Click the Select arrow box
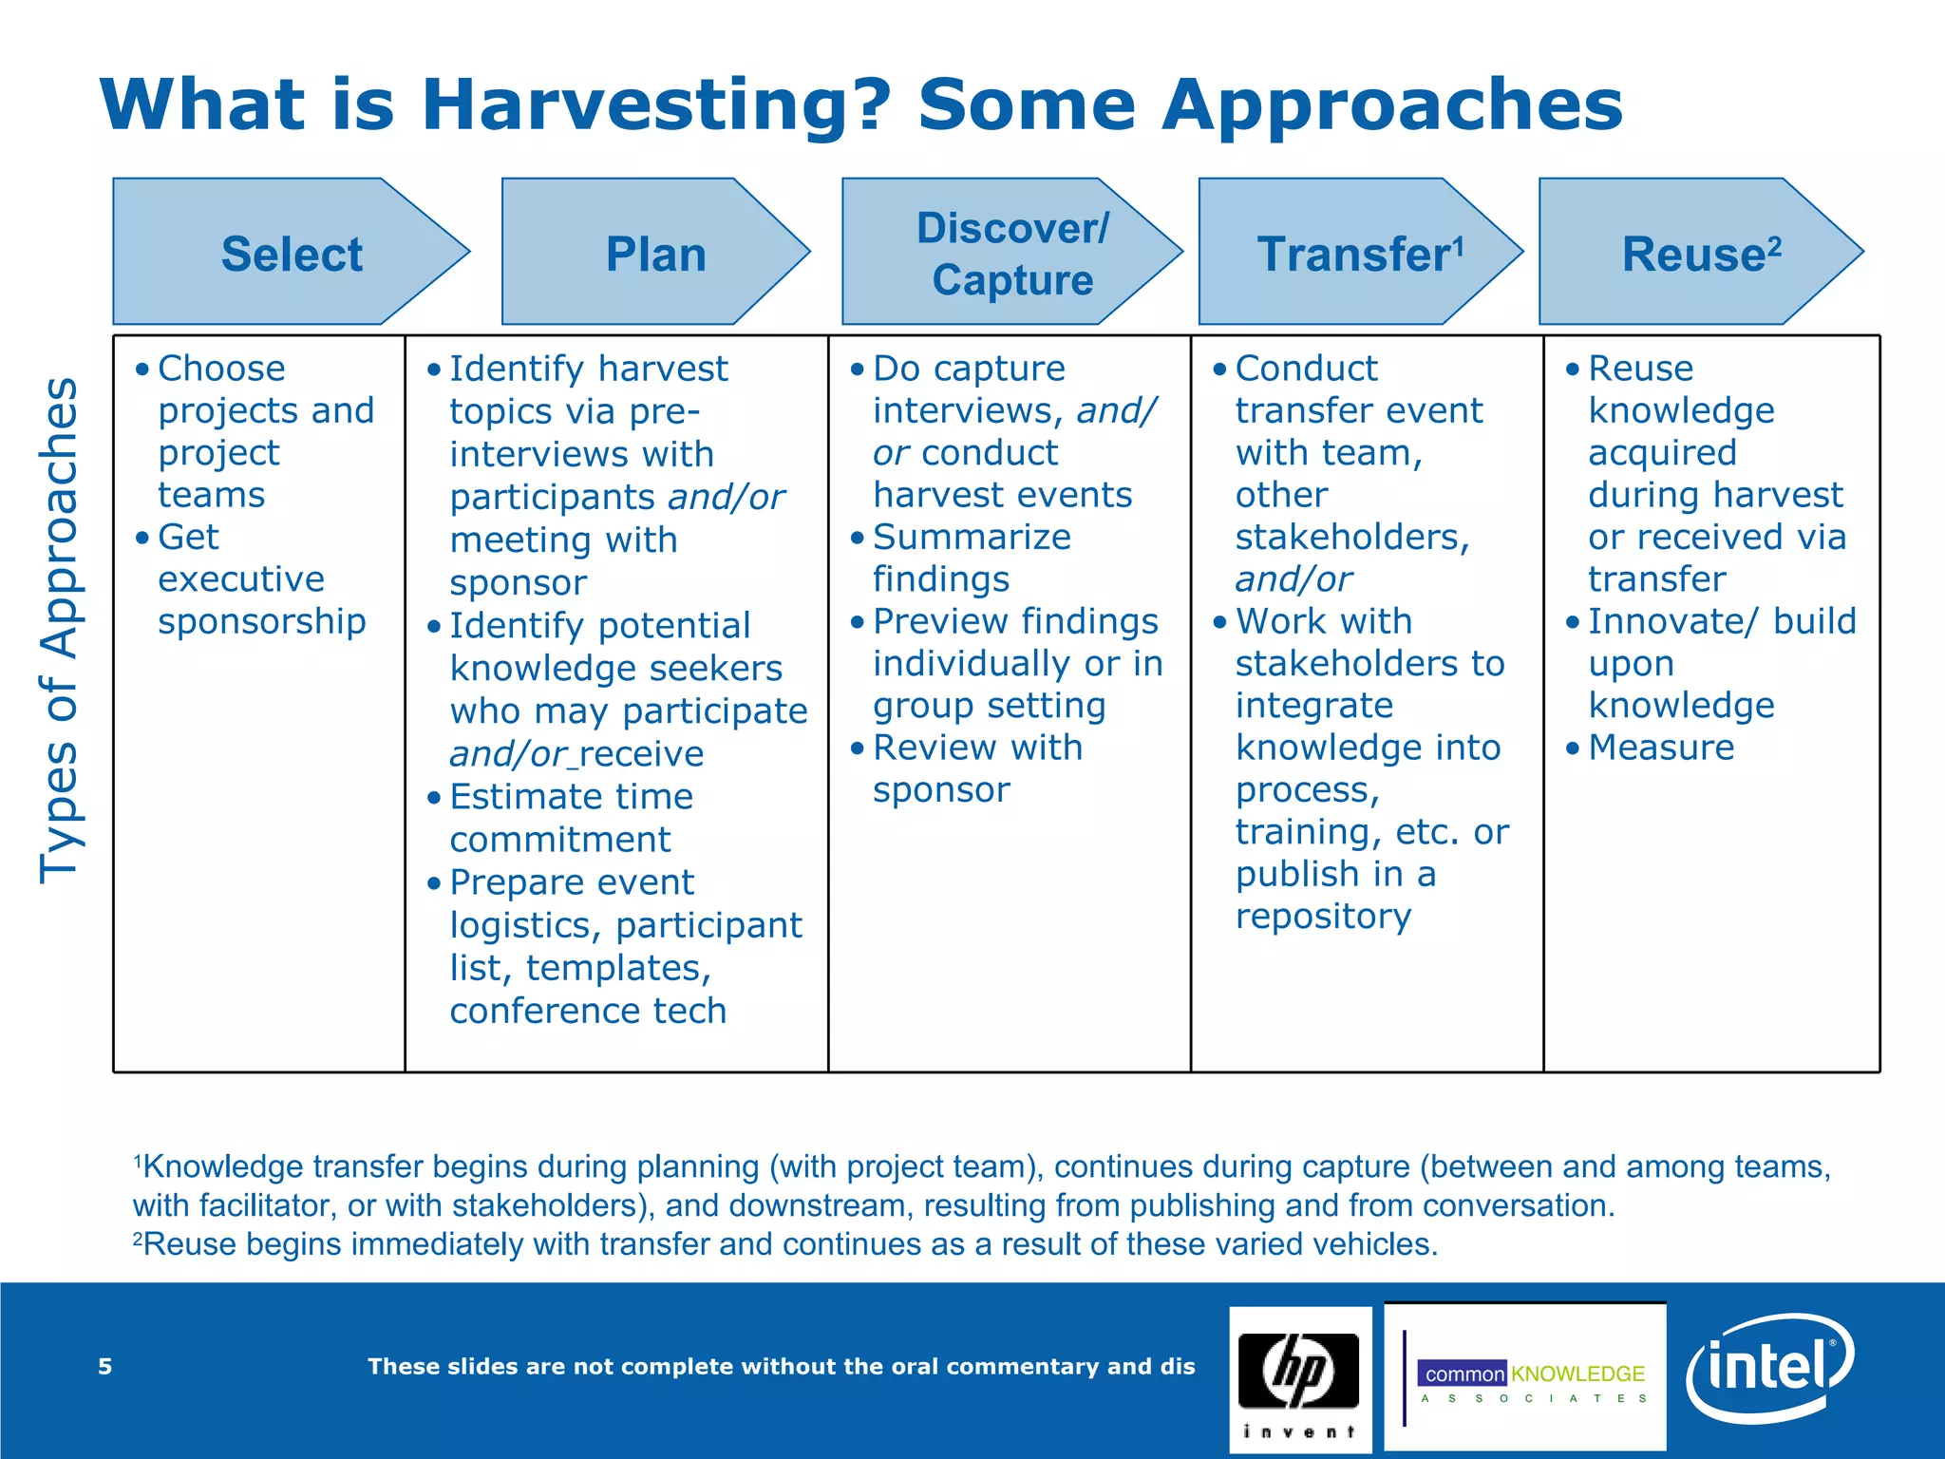tap(290, 253)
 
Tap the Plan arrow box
tap(655, 253)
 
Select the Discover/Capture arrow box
tap(1011, 253)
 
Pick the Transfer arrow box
tap(1358, 253)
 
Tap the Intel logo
tap(1768, 1368)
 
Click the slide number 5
tap(105, 1367)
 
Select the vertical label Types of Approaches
tap(59, 631)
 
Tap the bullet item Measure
tap(1660, 748)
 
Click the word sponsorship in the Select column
tap(261, 621)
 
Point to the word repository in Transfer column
tap(1323, 917)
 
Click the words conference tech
tap(588, 1011)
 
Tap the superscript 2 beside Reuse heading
tap(1774, 245)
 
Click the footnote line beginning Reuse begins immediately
tap(788, 1244)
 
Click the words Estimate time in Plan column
tap(571, 797)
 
